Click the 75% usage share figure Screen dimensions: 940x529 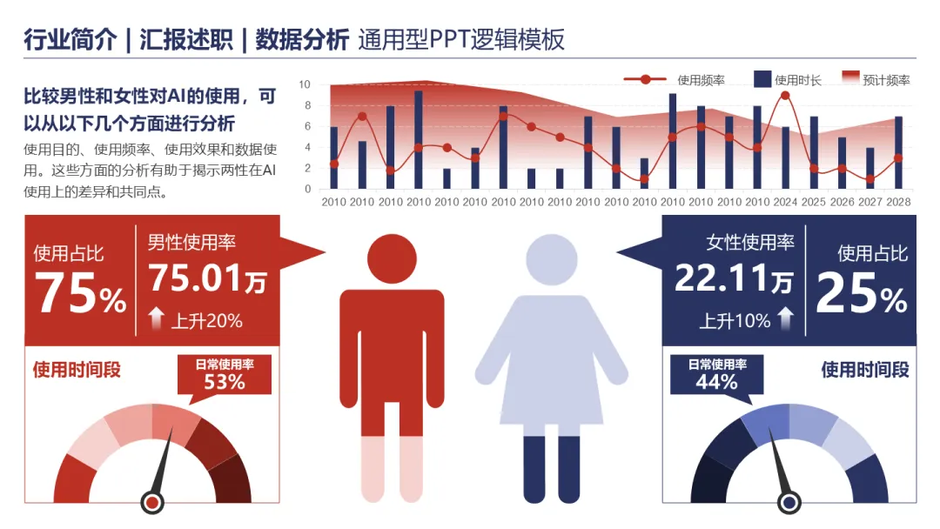(x=81, y=293)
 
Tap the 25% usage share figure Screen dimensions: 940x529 (x=862, y=293)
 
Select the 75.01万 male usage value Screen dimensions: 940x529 (x=207, y=278)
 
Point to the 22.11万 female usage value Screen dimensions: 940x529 (x=734, y=278)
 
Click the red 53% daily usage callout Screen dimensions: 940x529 (x=225, y=374)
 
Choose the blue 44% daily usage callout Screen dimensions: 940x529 (x=717, y=374)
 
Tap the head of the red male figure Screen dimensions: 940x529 (x=392, y=258)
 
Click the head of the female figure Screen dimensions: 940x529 (x=552, y=259)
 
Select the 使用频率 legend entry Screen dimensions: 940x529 (x=674, y=80)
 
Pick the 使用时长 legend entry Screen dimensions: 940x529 (x=788, y=80)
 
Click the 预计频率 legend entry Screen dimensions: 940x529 (x=876, y=79)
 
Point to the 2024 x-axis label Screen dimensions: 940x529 (x=785, y=203)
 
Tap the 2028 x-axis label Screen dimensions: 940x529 (x=898, y=203)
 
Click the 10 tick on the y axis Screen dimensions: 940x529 (x=305, y=84)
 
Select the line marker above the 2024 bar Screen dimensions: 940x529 (x=785, y=96)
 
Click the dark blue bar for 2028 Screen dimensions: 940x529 (x=898, y=153)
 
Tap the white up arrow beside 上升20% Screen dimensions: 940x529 (x=157, y=318)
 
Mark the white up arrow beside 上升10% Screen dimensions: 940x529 (x=786, y=318)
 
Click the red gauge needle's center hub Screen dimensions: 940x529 (x=152, y=502)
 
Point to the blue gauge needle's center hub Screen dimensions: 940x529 (x=789, y=502)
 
